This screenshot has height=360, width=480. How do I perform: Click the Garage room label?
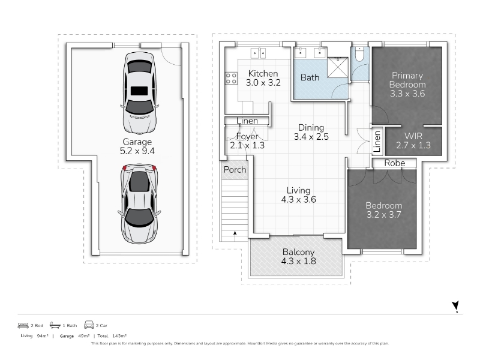coord(137,142)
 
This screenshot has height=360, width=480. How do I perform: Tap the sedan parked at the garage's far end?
coord(139,93)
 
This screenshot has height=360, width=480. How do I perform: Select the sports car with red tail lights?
coord(139,204)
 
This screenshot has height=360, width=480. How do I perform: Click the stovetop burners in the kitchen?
coord(231,78)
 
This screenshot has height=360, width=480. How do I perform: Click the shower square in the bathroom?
coord(338,67)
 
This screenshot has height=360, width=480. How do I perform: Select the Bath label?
coord(310,77)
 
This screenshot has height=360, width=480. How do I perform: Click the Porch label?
coord(235,170)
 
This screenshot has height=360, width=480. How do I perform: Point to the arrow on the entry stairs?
coord(235,236)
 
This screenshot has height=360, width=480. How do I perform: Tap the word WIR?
coord(413,136)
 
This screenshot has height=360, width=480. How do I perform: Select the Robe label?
coord(395,163)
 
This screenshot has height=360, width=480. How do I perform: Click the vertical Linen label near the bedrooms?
coord(377,142)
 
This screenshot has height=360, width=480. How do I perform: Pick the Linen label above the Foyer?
coord(247,121)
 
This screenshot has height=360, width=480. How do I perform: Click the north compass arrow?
coord(455,305)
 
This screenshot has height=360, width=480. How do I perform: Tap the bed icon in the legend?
coord(23,325)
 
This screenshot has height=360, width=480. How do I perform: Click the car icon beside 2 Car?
coord(89,325)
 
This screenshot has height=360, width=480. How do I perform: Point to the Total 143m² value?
coord(112,336)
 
